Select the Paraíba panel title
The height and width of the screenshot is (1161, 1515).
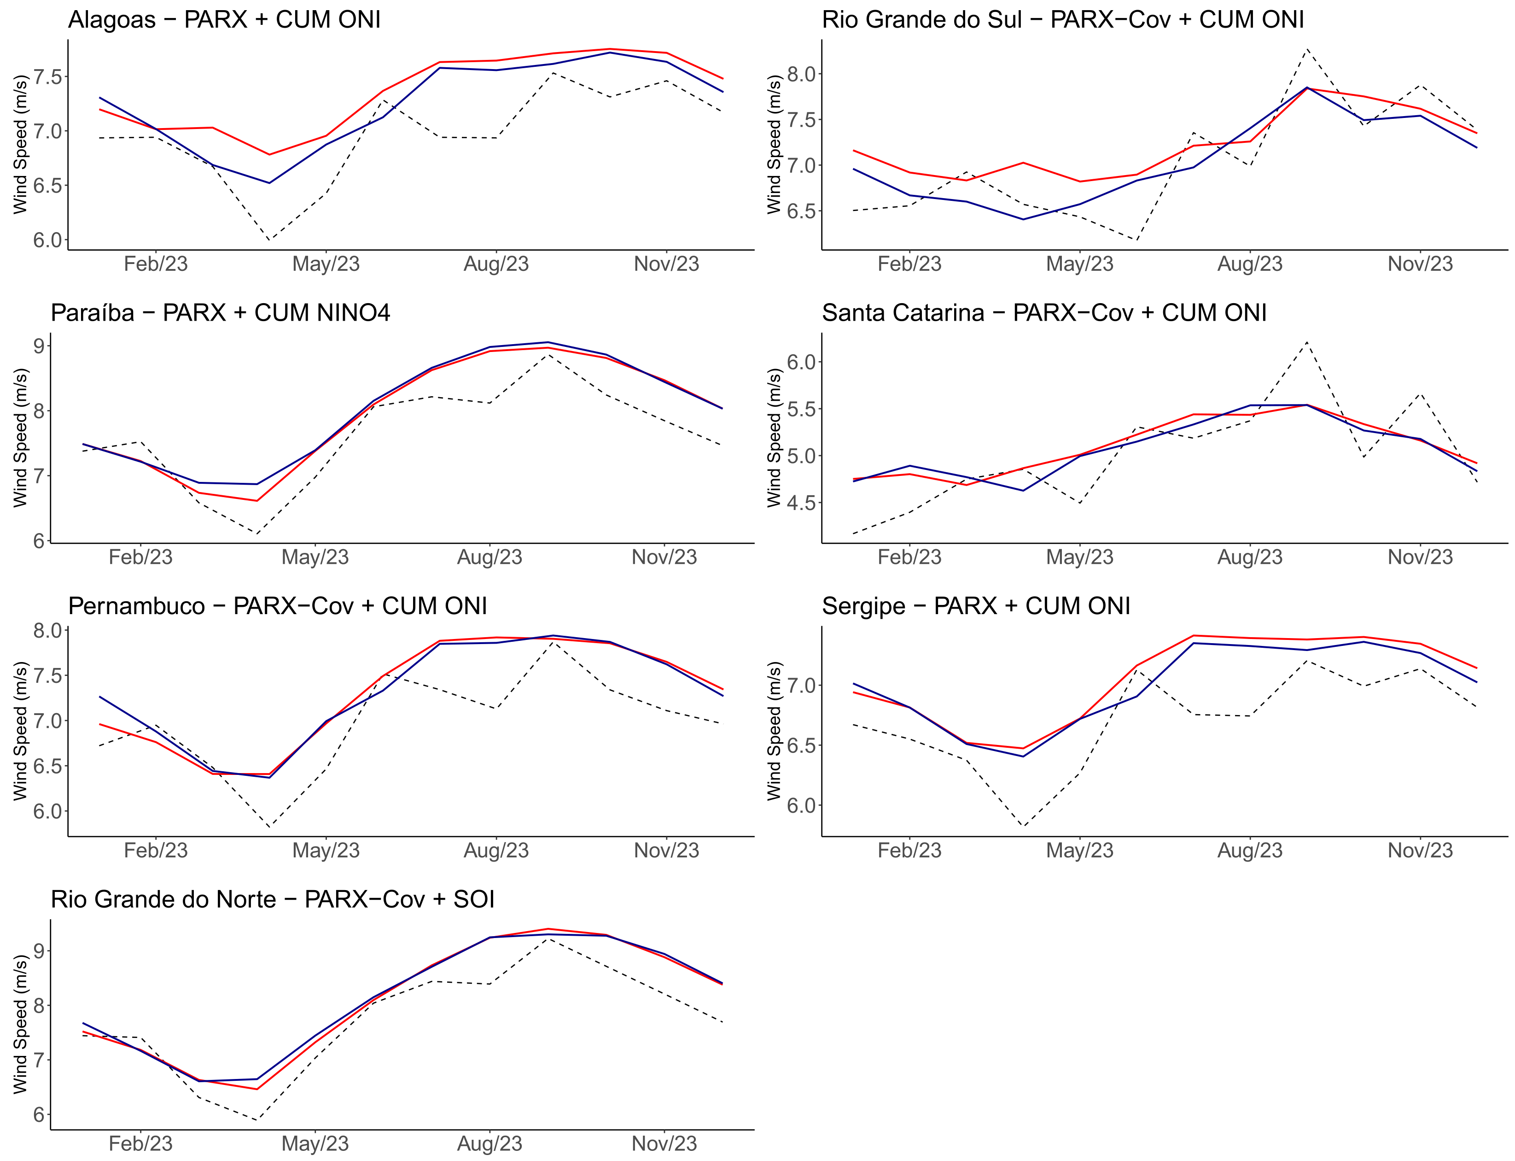221,313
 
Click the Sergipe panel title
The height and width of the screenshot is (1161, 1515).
975,606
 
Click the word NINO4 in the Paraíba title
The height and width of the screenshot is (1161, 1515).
353,313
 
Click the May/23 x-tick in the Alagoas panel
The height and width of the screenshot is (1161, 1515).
326,264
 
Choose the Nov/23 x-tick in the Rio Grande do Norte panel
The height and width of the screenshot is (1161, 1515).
664,1143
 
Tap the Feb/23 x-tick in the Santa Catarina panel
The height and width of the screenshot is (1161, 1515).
909,557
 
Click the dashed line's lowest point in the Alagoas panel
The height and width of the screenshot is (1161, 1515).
269,240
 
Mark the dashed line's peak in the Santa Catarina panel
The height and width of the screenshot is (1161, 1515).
1306,341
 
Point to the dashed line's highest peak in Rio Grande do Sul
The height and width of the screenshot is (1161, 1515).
1306,49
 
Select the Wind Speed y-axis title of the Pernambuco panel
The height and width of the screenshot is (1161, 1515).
20,731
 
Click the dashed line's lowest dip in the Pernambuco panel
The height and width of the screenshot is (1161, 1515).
269,827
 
